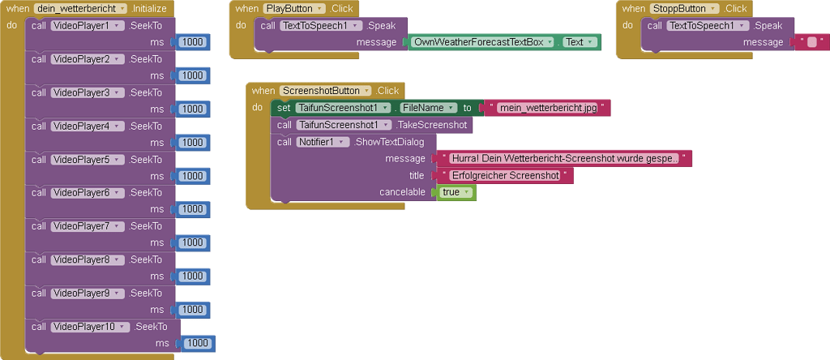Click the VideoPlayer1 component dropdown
[84, 25]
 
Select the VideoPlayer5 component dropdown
[84, 160]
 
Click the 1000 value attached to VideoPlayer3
[192, 109]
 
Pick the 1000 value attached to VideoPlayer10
[197, 344]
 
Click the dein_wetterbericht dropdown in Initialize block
[82, 8]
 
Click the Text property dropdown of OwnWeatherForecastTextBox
[578, 42]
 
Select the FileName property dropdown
[427, 108]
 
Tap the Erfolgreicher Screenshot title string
[504, 175]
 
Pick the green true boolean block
[456, 192]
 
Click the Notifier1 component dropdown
[323, 142]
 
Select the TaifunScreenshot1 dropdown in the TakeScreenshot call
[344, 125]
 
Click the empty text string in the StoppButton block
[812, 42]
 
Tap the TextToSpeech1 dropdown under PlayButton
[321, 25]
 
